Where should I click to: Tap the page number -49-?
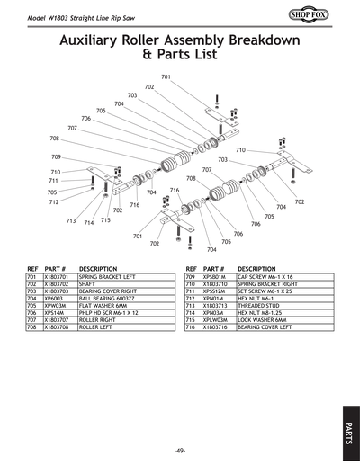click(x=180, y=450)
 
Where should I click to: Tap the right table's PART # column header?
click(x=213, y=268)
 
